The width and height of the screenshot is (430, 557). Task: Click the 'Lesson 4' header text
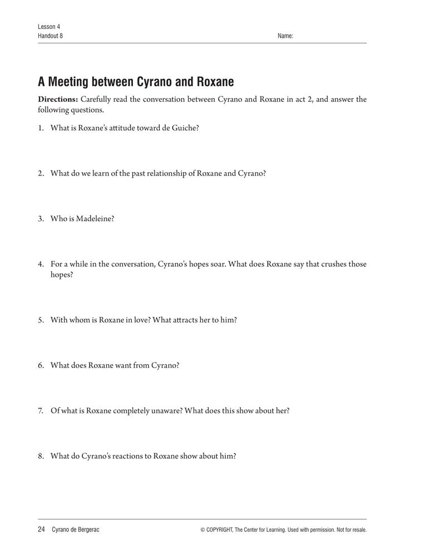49,27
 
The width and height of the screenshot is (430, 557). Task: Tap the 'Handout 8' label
51,36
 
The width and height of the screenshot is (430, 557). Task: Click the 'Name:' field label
285,36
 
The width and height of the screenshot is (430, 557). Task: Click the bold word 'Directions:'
54,100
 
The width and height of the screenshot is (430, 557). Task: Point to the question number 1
41,128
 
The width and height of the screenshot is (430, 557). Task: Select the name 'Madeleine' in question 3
95,219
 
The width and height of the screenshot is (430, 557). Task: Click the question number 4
41,264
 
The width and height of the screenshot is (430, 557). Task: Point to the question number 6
41,365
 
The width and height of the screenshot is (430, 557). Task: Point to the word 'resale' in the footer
357,530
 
